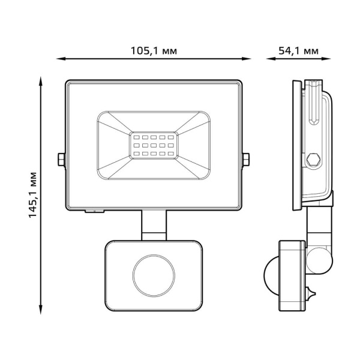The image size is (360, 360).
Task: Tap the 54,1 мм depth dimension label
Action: pyautogui.click(x=298, y=50)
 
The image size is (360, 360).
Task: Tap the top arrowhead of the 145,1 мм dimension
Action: pyautogui.click(x=41, y=80)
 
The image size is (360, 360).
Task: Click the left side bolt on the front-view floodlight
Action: pyautogui.click(x=61, y=160)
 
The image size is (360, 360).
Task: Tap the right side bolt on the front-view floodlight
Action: pyautogui.click(x=247, y=160)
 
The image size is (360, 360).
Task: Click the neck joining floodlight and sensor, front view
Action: pyautogui.click(x=154, y=225)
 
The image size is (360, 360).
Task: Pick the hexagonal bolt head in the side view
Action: pyautogui.click(x=312, y=160)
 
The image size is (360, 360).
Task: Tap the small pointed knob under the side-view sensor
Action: pyautogui.click(x=310, y=293)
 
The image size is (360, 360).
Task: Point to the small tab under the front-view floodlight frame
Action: pyautogui.click(x=95, y=211)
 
